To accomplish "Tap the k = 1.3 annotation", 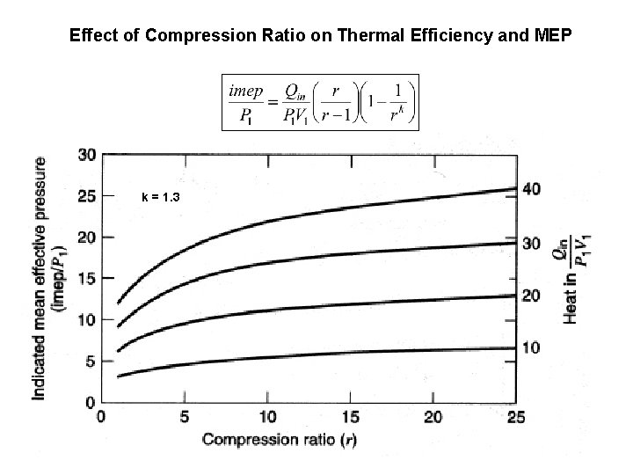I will (161, 196).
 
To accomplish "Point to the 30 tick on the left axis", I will (87, 155).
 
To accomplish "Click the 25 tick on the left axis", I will (87, 196).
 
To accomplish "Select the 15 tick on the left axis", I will (87, 279).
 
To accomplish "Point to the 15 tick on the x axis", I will (353, 416).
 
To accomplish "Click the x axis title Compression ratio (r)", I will (274, 439).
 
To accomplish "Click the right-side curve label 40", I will (532, 188).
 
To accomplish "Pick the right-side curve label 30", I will (532, 243).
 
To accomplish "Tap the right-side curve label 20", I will (532, 296).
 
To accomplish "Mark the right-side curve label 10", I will (532, 348).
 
